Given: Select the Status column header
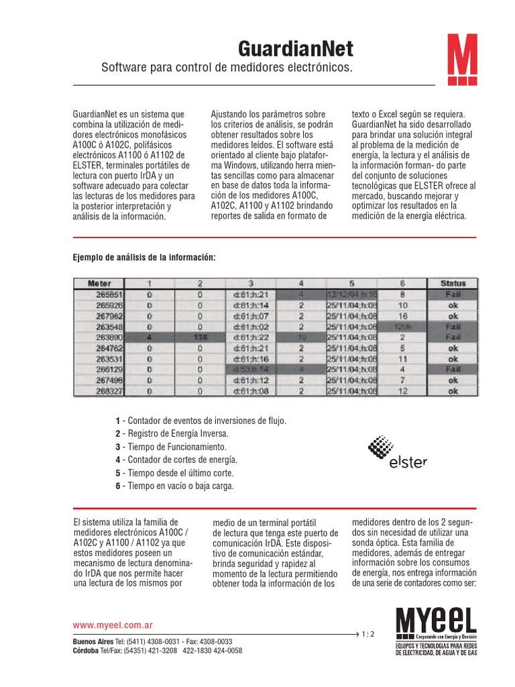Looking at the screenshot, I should [453, 283].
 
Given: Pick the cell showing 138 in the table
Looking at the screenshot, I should [199, 337].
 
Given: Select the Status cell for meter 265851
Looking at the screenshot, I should [453, 294].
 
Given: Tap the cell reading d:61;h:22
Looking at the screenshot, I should [250, 337].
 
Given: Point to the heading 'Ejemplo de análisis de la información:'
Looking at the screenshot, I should [144, 257].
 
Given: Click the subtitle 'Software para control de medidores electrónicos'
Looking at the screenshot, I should [225, 68].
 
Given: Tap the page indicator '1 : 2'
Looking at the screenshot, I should [368, 633].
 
